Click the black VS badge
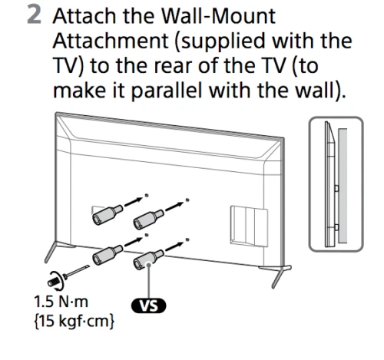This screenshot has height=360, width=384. [151, 306]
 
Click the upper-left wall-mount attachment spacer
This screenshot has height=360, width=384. [108, 210]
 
